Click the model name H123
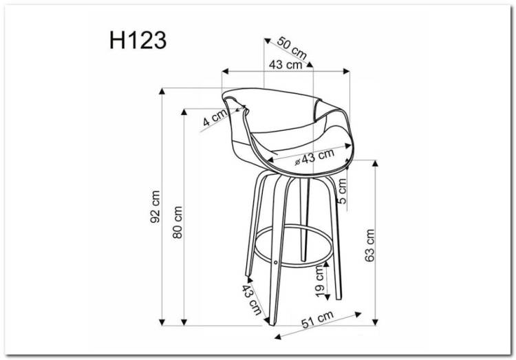(138, 41)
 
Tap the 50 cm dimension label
(292, 48)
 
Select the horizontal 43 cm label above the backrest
(286, 65)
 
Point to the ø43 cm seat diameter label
(314, 156)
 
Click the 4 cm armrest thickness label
(215, 117)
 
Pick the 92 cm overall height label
(155, 207)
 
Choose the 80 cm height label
(178, 222)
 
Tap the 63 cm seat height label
(370, 245)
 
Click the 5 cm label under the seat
(342, 191)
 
